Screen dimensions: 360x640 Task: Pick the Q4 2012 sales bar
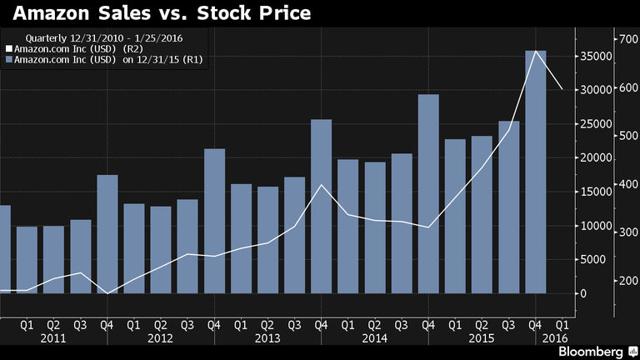214,221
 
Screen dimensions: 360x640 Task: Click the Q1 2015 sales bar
455,216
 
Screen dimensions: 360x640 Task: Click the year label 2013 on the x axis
267,338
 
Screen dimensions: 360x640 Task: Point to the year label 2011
53,338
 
